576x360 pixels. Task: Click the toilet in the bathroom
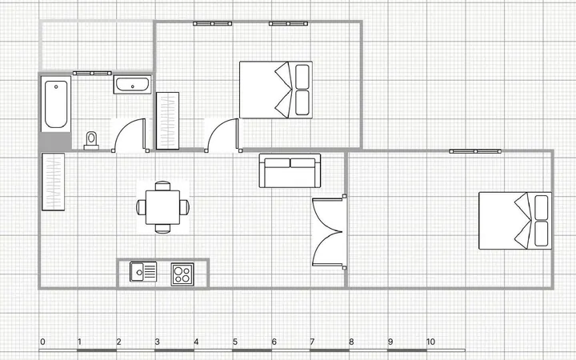91,141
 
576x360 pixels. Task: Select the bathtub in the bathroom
56,104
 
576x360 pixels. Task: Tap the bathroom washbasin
132,85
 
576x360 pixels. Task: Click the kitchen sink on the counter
143,272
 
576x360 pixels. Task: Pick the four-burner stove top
182,274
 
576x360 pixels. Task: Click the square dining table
162,207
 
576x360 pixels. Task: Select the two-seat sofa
290,170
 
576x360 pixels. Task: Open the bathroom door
130,135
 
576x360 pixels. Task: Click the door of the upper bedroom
223,135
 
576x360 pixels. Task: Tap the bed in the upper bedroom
276,90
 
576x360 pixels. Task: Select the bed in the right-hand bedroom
515,221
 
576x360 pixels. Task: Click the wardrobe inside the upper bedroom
167,121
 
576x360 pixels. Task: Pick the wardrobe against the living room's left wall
54,182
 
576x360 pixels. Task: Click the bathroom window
92,73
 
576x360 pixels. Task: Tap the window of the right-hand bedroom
475,151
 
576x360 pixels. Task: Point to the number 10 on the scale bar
430,342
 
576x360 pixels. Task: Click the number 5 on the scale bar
235,342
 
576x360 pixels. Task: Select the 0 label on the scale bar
42,342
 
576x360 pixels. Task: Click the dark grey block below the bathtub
55,142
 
